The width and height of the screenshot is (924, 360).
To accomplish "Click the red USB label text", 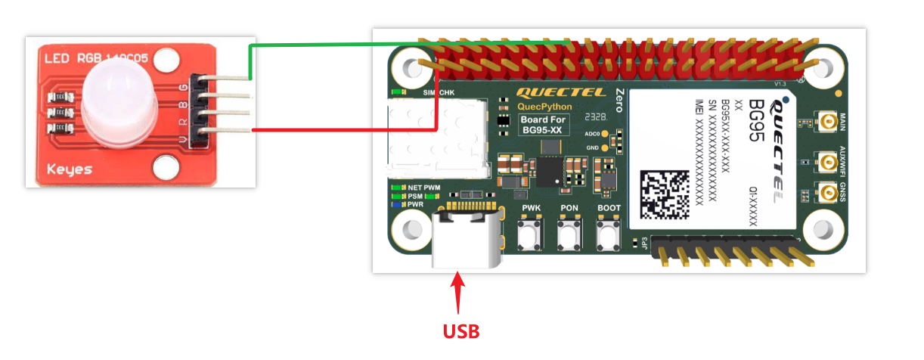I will pyautogui.click(x=460, y=331).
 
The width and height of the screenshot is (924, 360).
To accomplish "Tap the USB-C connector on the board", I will pyautogui.click(x=467, y=238).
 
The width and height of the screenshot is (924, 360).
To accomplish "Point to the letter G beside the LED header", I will pyautogui.click(x=182, y=85).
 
